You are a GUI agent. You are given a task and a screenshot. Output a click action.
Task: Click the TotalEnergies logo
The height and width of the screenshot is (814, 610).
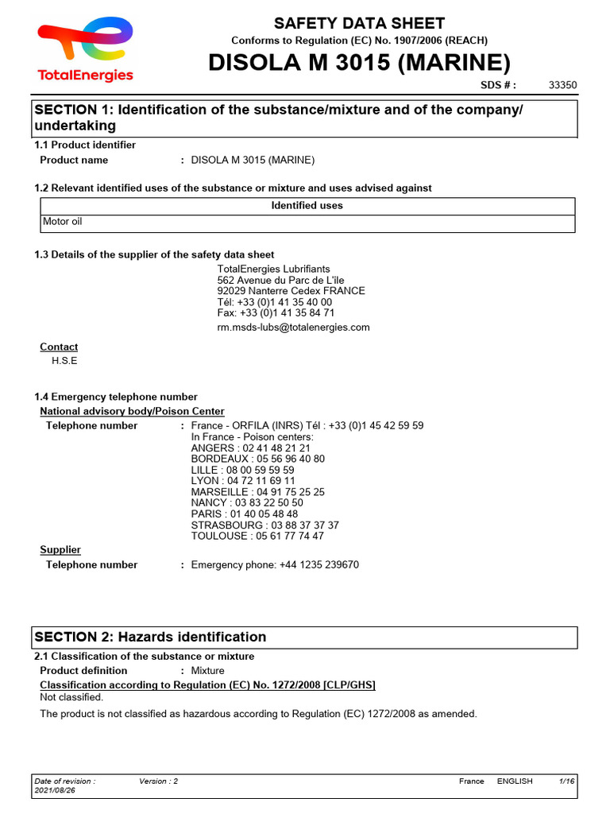coord(86,50)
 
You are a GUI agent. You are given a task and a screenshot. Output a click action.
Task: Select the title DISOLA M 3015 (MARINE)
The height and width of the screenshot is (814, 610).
coord(359,63)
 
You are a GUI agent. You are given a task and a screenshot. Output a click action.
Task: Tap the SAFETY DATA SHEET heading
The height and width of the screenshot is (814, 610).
coord(359,23)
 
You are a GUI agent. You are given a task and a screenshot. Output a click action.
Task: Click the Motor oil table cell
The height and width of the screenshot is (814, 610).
coord(62,223)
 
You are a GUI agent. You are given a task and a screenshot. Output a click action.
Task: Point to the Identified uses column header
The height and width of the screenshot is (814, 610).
coord(307,206)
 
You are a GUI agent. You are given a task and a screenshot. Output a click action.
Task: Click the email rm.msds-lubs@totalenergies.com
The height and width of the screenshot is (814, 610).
coord(293,328)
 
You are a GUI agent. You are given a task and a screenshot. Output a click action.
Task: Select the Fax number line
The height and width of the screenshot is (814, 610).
coord(276,313)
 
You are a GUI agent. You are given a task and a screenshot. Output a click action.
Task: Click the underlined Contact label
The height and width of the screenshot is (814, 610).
coord(59,347)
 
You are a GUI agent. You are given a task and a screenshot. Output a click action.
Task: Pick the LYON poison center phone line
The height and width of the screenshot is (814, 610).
coord(243,481)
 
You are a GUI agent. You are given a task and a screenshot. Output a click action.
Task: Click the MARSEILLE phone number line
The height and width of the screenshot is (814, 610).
coord(257,492)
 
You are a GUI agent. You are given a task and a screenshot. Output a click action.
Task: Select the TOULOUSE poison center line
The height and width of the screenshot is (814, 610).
coord(257,537)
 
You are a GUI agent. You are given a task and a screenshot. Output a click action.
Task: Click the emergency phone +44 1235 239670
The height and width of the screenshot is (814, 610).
coord(275,565)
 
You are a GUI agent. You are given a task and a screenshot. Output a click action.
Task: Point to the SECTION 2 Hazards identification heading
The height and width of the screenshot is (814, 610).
coord(150,638)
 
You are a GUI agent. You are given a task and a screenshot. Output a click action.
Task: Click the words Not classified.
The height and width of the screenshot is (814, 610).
coord(71,698)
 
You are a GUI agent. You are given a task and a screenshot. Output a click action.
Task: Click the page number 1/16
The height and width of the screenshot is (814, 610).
coord(566,781)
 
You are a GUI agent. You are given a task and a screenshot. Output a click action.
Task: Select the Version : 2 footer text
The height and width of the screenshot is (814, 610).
coord(158,781)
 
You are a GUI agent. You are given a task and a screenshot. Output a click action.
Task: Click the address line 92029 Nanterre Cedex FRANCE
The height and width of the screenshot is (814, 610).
coord(291,291)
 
